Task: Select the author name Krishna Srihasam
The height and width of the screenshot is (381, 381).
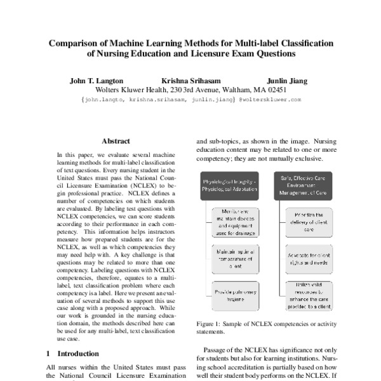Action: [x=190, y=81]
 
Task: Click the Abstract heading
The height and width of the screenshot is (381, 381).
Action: [x=116, y=141]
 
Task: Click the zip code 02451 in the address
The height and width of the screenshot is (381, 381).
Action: [x=274, y=90]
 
